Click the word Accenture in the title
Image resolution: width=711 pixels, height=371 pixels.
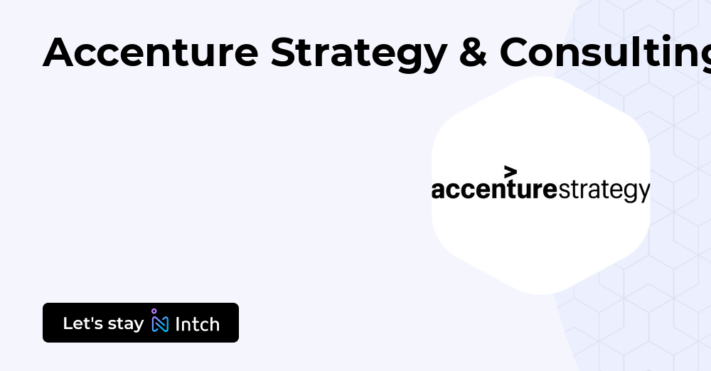[150, 53]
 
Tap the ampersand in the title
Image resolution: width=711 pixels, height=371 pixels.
[472, 53]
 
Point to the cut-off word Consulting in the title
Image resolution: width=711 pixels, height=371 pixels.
[604, 53]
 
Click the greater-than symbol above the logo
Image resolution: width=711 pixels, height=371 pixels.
[510, 172]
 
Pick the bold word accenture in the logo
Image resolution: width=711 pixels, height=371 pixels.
[494, 190]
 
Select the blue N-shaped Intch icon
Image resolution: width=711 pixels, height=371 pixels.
[160, 325]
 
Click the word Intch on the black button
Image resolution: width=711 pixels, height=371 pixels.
[197, 324]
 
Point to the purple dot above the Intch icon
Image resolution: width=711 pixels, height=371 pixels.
[154, 311]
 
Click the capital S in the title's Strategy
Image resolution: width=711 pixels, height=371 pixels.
[284, 53]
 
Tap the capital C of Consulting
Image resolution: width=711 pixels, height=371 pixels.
[517, 53]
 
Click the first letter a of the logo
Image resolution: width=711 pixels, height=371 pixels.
[438, 190]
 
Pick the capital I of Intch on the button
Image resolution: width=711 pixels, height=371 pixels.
[177, 324]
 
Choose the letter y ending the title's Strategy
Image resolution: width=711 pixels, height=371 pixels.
[434, 57]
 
